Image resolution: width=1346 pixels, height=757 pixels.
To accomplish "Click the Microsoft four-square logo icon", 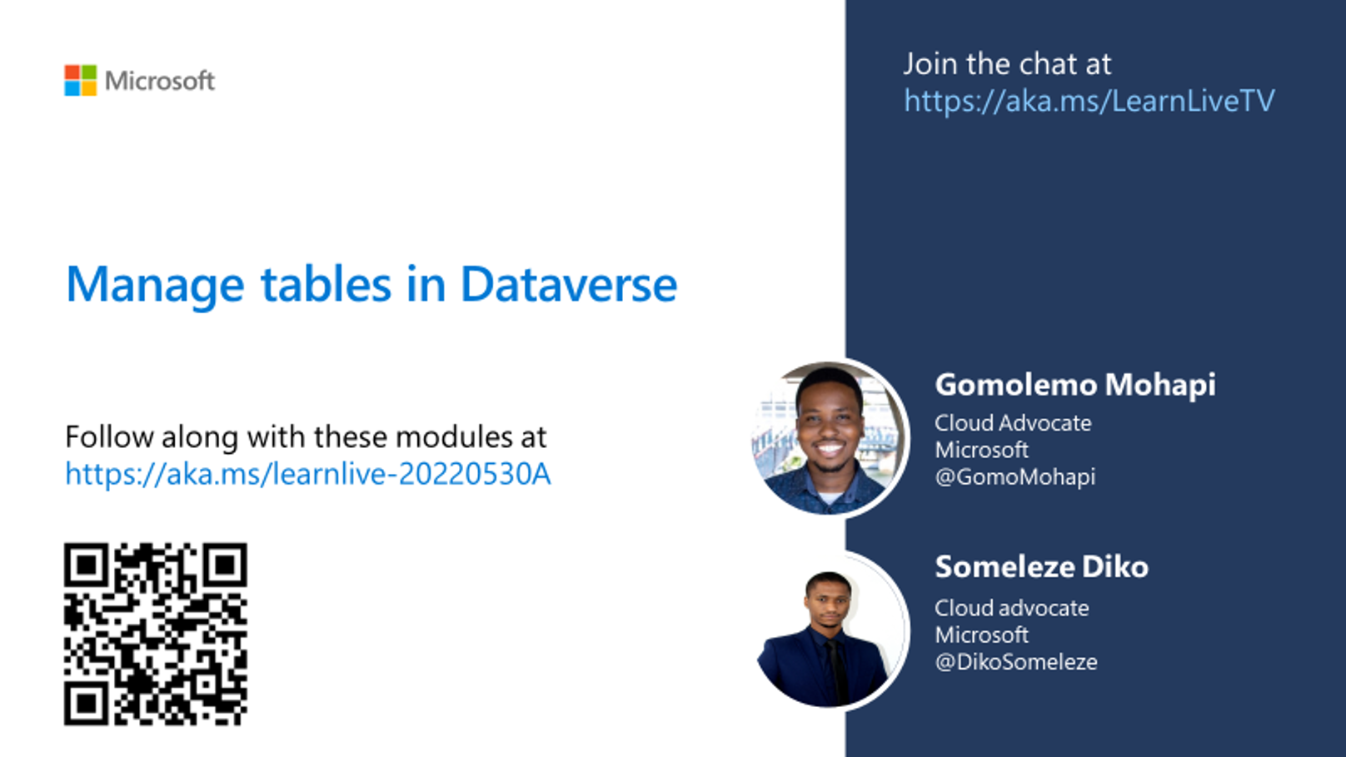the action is click(81, 81).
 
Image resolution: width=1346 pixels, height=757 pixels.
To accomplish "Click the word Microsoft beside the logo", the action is click(160, 81).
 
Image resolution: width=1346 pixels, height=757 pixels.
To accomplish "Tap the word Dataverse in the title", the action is click(568, 284).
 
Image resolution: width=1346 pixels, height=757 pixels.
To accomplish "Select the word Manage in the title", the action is click(155, 286).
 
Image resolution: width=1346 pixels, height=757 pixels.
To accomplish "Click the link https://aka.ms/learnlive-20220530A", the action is click(307, 473).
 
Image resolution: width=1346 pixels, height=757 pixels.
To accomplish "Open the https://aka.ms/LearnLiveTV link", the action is click(1089, 100).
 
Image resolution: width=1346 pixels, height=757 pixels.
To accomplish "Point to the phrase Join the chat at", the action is click(1007, 64).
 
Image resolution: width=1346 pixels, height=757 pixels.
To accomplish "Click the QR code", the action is click(156, 634).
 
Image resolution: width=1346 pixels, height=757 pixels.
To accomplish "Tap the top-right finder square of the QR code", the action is click(225, 565).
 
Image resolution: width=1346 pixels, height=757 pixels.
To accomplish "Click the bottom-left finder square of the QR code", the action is click(87, 703).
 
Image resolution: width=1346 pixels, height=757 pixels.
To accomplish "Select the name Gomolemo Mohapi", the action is click(1075, 385).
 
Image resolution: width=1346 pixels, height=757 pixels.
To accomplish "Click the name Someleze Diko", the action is click(1041, 566).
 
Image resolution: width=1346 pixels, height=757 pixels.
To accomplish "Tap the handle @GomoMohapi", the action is click(1014, 477).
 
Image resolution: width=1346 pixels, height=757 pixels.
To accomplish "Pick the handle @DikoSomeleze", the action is click(1016, 662).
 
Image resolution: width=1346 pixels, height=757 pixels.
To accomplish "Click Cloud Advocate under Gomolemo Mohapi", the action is click(1013, 423).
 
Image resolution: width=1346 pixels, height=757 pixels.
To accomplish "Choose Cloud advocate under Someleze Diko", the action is click(1011, 608).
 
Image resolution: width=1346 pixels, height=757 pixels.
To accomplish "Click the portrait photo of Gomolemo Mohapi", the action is click(830, 438).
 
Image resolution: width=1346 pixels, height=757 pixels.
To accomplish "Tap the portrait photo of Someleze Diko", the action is click(830, 631).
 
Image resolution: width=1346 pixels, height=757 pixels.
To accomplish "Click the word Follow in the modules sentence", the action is click(109, 436).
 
